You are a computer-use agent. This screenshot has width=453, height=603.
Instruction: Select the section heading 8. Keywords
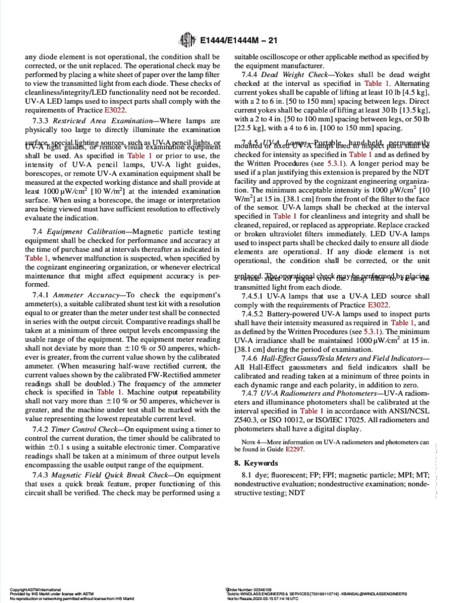click(254, 463)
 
